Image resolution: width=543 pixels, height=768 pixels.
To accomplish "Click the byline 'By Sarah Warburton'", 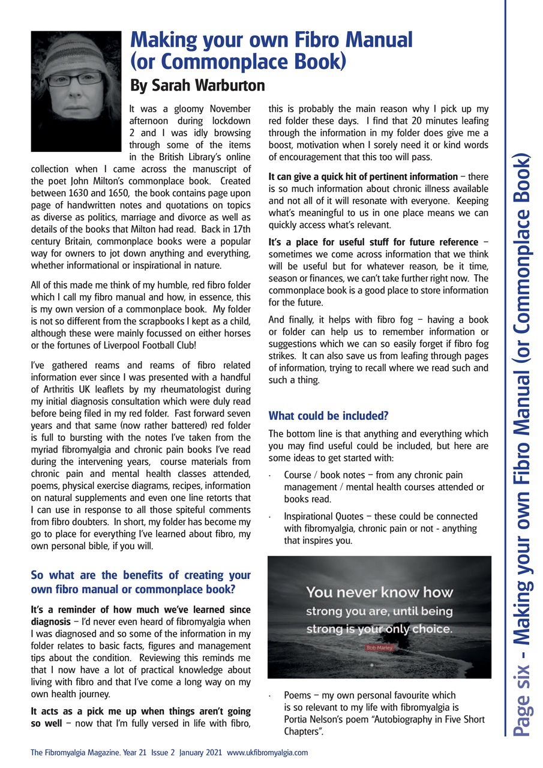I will [x=197, y=85].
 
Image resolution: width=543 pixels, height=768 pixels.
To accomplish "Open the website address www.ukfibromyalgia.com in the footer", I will [x=267, y=752].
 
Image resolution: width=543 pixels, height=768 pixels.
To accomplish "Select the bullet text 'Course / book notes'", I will [x=323, y=475].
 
